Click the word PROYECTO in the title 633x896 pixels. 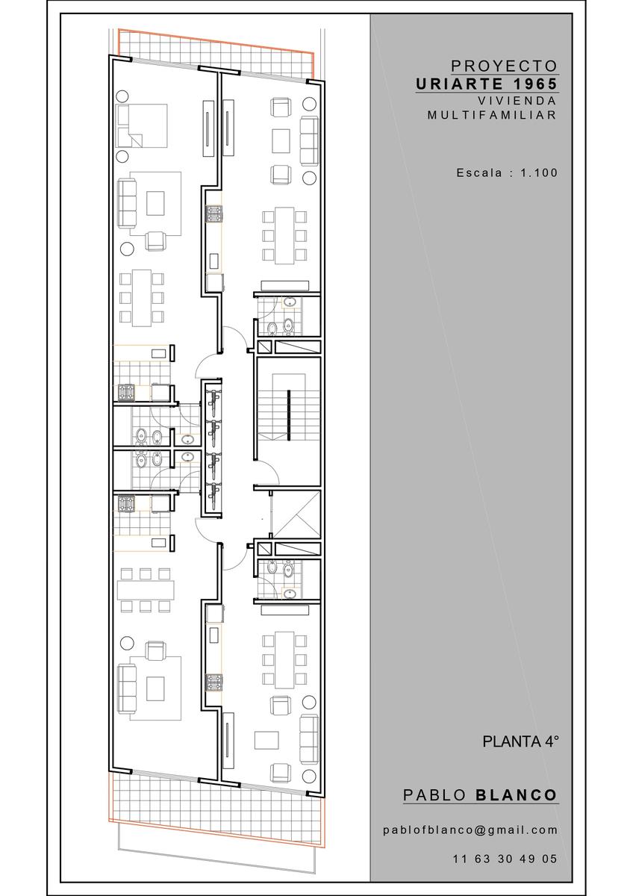pos(504,66)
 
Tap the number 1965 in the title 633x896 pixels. pos(535,84)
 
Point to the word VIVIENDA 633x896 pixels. pos(517,100)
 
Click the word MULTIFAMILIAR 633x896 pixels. pos(492,115)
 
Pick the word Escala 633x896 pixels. pos(479,172)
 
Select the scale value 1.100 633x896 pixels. pos(539,172)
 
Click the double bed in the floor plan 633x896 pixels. pos(141,125)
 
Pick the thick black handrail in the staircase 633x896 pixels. pos(288,416)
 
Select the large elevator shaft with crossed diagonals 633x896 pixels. pos(296,514)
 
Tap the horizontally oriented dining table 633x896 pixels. pos(146,591)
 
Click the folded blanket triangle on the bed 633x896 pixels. pos(135,140)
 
